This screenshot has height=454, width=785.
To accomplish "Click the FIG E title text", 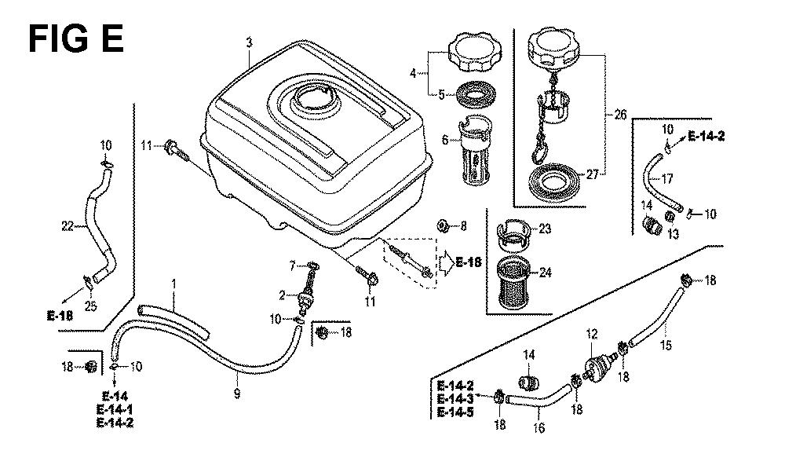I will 76,37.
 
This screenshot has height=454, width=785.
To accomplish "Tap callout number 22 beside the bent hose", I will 68,226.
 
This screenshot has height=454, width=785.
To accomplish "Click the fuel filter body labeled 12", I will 601,366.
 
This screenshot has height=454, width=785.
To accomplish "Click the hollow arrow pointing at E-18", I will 444,262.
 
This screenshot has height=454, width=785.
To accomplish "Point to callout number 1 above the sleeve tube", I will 174,282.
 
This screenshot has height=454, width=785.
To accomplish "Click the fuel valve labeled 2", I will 305,298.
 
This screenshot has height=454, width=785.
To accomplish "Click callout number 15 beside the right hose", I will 666,344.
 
